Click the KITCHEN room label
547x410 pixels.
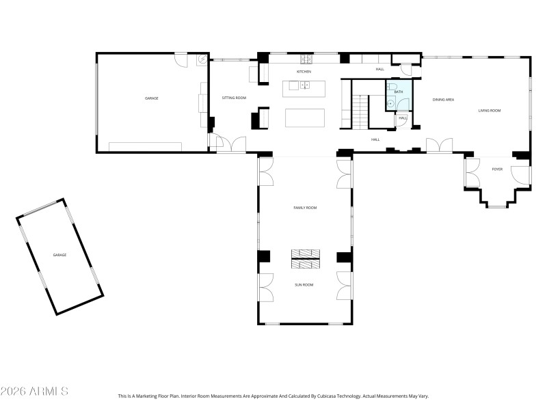(x=304, y=72)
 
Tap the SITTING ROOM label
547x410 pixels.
(x=234, y=98)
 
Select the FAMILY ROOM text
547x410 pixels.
(x=305, y=208)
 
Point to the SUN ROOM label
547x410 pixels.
(x=304, y=284)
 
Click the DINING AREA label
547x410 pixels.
(x=443, y=100)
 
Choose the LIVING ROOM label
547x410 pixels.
(x=490, y=111)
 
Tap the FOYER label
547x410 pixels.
(x=497, y=169)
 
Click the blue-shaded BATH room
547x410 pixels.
(x=399, y=96)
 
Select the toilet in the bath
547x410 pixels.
(x=392, y=87)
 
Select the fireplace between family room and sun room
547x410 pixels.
(x=305, y=258)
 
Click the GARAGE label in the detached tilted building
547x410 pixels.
(x=60, y=255)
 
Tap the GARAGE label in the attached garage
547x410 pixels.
(x=151, y=98)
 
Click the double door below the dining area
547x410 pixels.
(x=439, y=146)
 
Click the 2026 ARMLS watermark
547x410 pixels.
(x=34, y=392)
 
